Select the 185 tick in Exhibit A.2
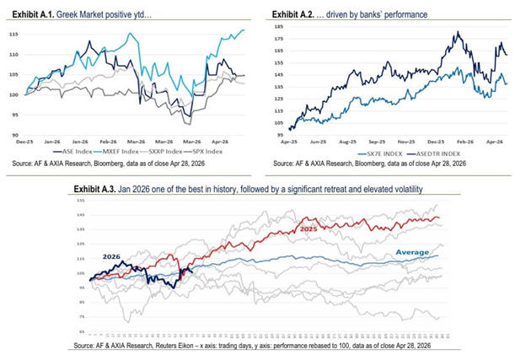[278, 27]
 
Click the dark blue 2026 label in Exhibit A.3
[110, 255]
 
